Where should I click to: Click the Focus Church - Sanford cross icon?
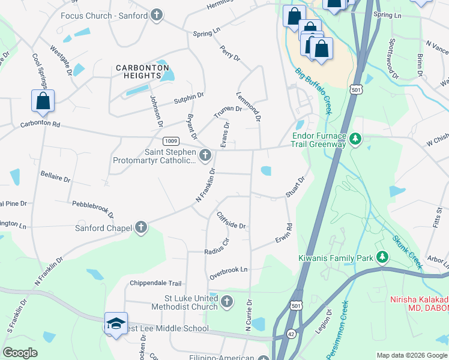157,15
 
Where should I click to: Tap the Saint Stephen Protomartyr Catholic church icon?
205,156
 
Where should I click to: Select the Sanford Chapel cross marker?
140,227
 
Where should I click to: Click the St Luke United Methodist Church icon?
227,302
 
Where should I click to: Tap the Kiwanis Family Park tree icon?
382,258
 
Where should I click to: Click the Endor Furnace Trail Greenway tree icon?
355,139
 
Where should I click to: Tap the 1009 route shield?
170,141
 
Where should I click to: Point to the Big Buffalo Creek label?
313,91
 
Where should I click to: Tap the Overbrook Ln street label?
228,273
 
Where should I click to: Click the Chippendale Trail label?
155,283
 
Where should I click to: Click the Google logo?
20,353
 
